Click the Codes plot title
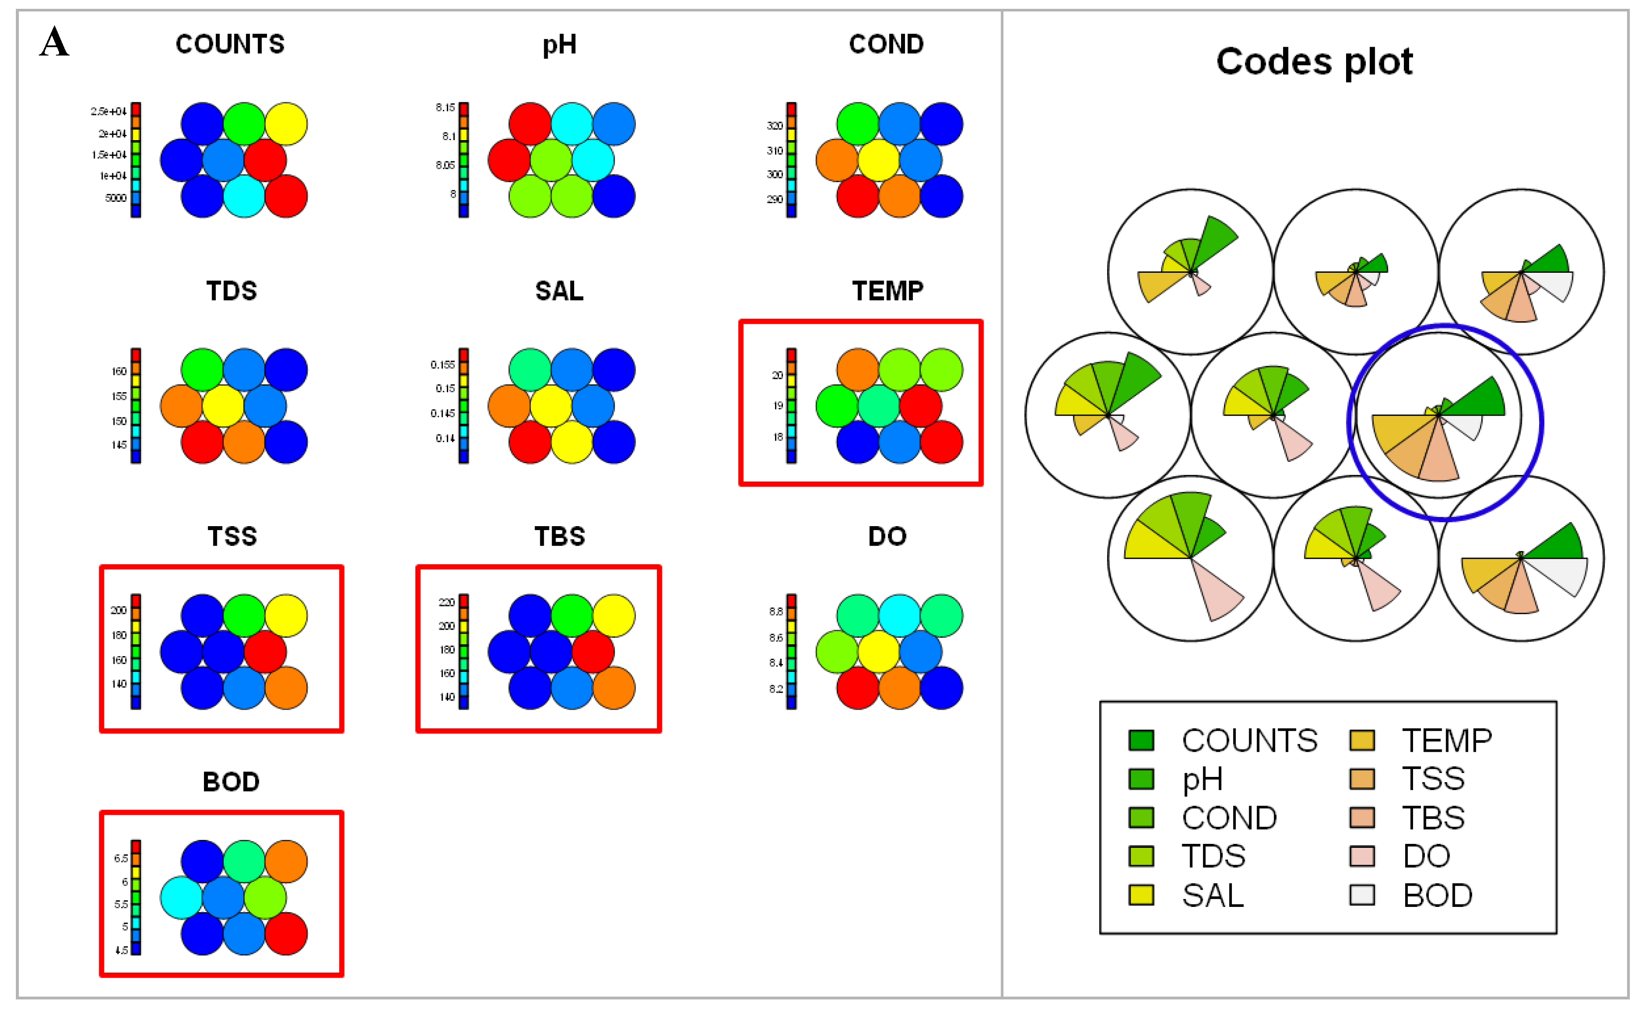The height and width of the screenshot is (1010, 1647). point(1314,62)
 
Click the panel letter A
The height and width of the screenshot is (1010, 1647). point(54,42)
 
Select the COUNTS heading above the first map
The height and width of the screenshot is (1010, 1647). point(230,44)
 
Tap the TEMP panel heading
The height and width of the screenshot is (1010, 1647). point(887,291)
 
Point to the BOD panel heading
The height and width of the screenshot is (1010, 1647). point(230,781)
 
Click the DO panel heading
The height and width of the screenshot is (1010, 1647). point(887,536)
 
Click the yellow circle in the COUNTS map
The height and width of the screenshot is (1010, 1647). point(286,124)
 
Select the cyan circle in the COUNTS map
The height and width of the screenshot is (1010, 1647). point(244,196)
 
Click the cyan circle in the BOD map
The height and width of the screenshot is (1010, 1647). point(181,898)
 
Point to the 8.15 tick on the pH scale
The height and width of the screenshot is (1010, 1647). point(445,108)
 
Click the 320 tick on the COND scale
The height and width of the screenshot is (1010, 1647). point(775,126)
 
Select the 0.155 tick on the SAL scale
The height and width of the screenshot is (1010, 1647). point(442,365)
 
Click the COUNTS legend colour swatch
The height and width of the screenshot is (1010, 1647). point(1141,740)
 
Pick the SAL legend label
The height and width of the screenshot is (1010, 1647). point(1213,895)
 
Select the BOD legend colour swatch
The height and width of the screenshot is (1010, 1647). point(1361,895)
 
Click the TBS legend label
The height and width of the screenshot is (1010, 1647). point(1433,817)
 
